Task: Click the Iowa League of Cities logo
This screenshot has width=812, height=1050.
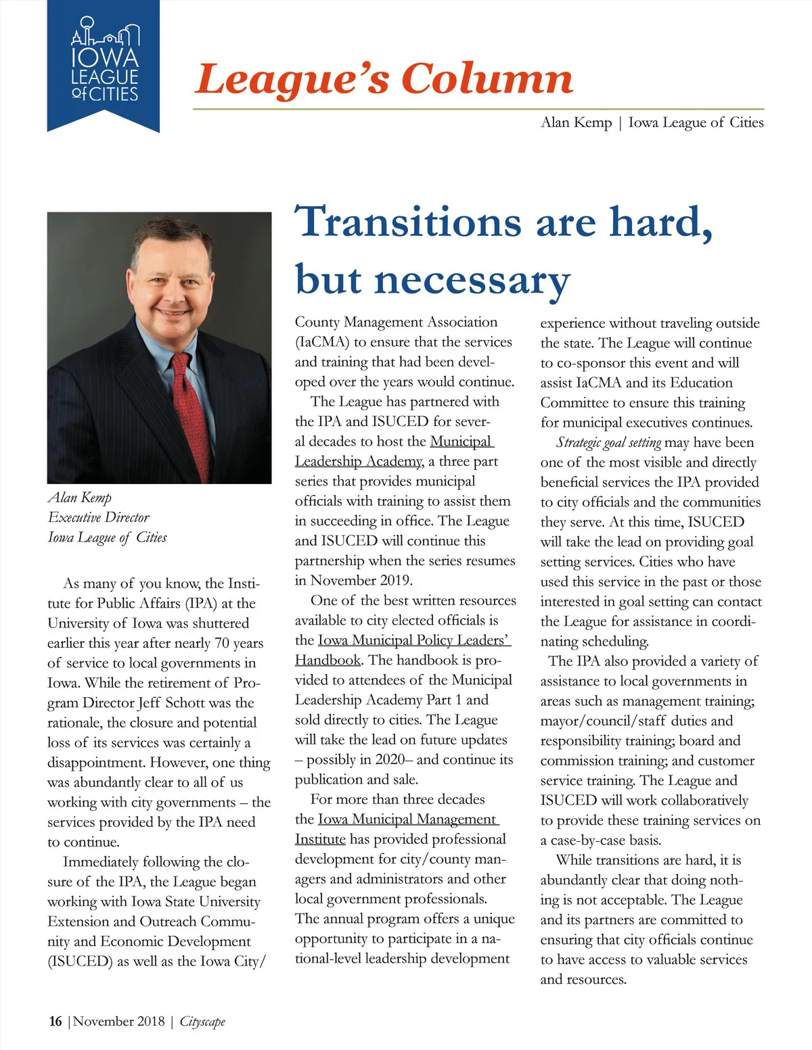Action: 104,64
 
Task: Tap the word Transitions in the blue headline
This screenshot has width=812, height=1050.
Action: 408,222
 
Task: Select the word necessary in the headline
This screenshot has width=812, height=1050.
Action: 472,279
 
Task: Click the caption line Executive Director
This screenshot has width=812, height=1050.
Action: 99,517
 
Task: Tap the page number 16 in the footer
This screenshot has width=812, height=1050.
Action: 55,1021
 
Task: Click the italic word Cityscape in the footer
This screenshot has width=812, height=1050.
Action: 202,1022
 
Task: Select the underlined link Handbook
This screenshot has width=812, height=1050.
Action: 328,660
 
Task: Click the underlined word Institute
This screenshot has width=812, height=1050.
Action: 320,839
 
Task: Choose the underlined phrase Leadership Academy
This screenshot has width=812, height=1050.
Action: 359,461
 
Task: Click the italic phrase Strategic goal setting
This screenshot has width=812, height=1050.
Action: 608,443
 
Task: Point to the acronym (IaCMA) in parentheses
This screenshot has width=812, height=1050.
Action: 322,342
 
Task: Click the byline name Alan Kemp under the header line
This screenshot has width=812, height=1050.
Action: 576,122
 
